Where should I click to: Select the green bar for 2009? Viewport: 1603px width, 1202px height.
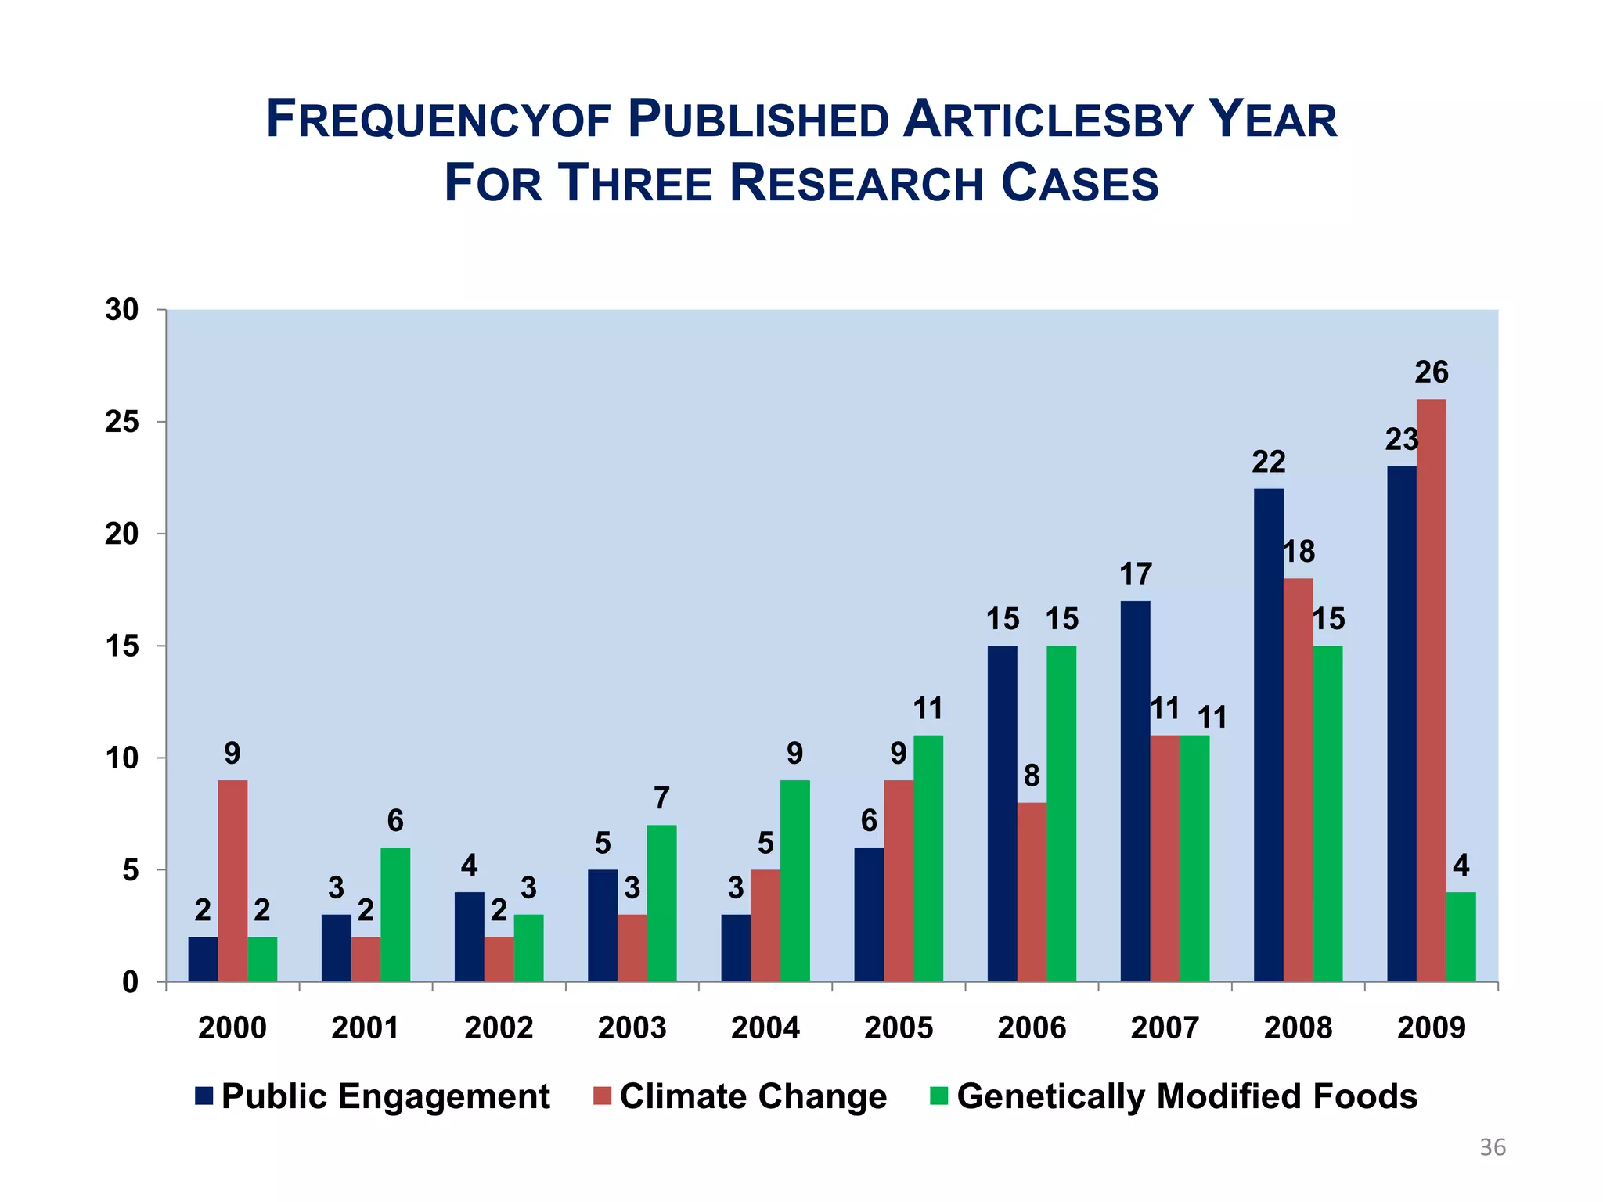click(1461, 937)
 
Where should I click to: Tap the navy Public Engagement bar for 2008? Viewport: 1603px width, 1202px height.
click(1268, 735)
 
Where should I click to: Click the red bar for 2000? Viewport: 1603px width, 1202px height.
click(232, 880)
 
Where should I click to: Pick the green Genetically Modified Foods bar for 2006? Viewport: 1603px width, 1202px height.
click(1061, 813)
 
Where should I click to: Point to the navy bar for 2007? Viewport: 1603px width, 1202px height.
click(1135, 790)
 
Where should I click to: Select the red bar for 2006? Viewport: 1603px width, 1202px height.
click(1032, 892)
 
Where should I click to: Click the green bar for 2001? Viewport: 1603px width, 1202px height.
click(395, 914)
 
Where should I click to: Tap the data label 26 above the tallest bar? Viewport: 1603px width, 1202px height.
click(1431, 372)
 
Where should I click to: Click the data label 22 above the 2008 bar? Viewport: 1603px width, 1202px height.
click(1268, 462)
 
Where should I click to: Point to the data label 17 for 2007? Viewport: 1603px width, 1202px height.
click(1135, 574)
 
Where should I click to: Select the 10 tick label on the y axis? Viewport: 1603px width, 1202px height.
click(121, 758)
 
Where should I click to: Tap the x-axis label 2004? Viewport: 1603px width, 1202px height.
click(765, 1027)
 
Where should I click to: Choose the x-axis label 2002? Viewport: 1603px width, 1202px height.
click(499, 1027)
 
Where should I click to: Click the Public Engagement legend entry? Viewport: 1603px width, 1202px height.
click(384, 1096)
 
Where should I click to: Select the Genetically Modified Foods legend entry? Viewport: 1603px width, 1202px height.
click(1186, 1096)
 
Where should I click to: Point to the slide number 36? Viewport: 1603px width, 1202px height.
click(1492, 1148)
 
